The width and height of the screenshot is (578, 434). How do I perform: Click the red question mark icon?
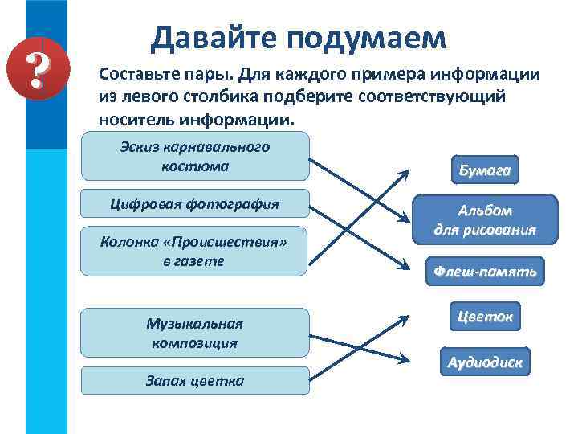coord(35,68)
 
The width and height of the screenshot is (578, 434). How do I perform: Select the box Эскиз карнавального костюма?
coord(195,157)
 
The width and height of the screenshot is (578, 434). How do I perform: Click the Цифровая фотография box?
coord(195,203)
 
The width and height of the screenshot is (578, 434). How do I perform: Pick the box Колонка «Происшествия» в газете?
coord(195,251)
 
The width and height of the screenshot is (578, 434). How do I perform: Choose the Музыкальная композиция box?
coord(195,333)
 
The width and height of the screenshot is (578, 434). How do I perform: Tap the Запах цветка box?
coord(195,380)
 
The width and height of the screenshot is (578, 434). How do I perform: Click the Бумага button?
coord(485,170)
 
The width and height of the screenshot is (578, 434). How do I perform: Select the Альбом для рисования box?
coord(485,219)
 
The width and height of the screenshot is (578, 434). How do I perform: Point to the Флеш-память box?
coord(485,272)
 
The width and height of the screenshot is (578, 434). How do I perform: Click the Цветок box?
coord(485,316)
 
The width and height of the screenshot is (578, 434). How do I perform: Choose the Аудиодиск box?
coord(485,362)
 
